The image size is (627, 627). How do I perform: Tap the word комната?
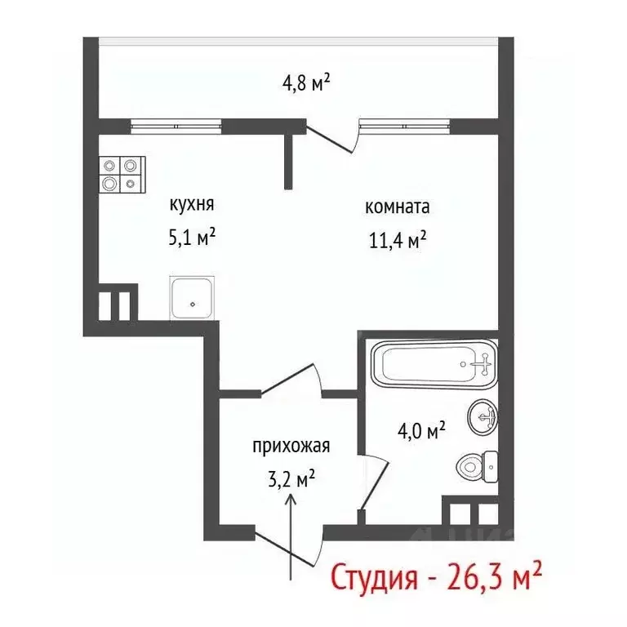pos(397,207)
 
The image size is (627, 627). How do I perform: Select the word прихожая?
pos(291,446)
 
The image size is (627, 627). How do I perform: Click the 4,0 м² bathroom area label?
pos(420,430)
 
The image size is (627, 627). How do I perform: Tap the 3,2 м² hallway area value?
pos(291,479)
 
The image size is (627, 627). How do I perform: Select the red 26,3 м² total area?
pos(494,576)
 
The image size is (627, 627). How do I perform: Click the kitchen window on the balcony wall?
pos(176,126)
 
